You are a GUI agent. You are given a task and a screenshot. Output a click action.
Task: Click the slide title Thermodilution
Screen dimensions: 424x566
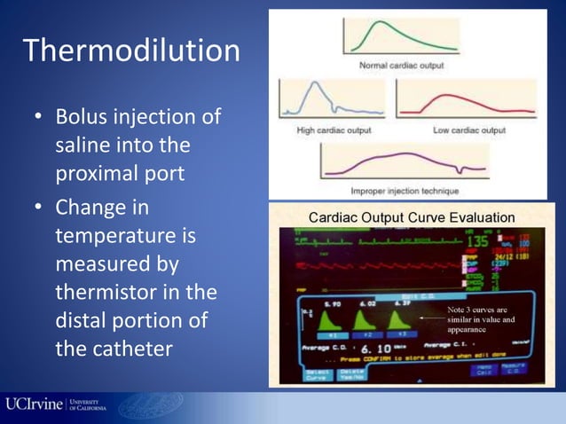click(130, 50)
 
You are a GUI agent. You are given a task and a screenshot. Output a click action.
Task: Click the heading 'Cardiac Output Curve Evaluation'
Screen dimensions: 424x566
click(411, 216)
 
